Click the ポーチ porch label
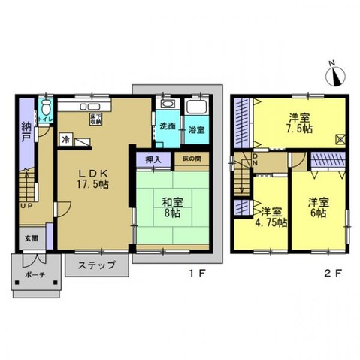35,276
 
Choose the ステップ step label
95,265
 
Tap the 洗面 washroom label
167,126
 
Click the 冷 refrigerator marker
65,139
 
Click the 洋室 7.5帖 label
301,123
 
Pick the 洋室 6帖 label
318,207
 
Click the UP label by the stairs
26,204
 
